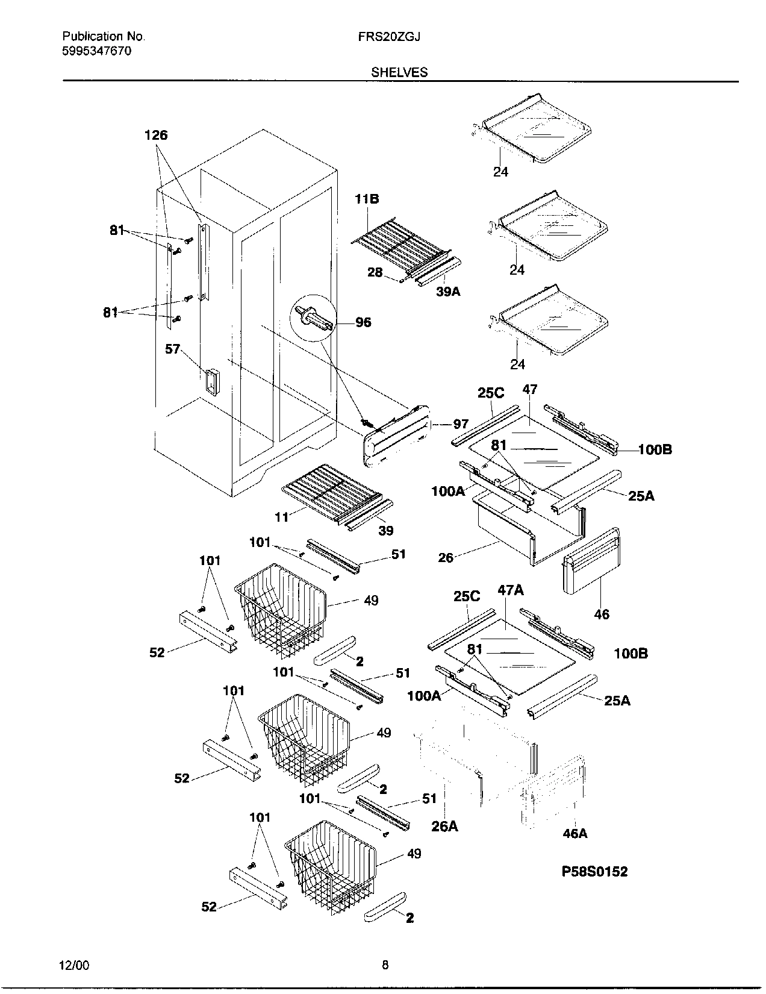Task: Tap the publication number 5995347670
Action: click(96, 51)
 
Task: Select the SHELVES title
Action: click(399, 72)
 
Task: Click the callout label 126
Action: click(156, 136)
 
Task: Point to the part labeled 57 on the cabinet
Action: click(211, 381)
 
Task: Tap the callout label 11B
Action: click(367, 199)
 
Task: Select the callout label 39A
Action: click(448, 292)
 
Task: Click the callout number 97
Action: click(461, 424)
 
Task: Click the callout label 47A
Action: click(510, 590)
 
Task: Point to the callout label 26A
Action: click(444, 826)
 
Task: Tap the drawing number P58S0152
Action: click(594, 871)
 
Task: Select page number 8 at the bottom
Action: click(385, 965)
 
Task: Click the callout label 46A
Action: click(574, 833)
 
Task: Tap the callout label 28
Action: click(375, 272)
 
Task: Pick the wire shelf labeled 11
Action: click(325, 488)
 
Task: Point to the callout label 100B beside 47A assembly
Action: click(631, 653)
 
